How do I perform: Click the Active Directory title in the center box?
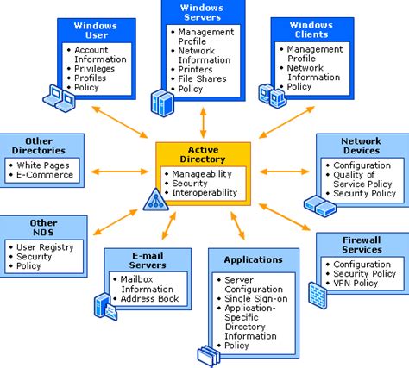(x=204, y=154)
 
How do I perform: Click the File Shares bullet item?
(x=203, y=78)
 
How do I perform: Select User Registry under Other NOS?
(x=47, y=246)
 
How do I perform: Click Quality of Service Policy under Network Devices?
(x=366, y=179)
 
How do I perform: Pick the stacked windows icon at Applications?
(x=210, y=354)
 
